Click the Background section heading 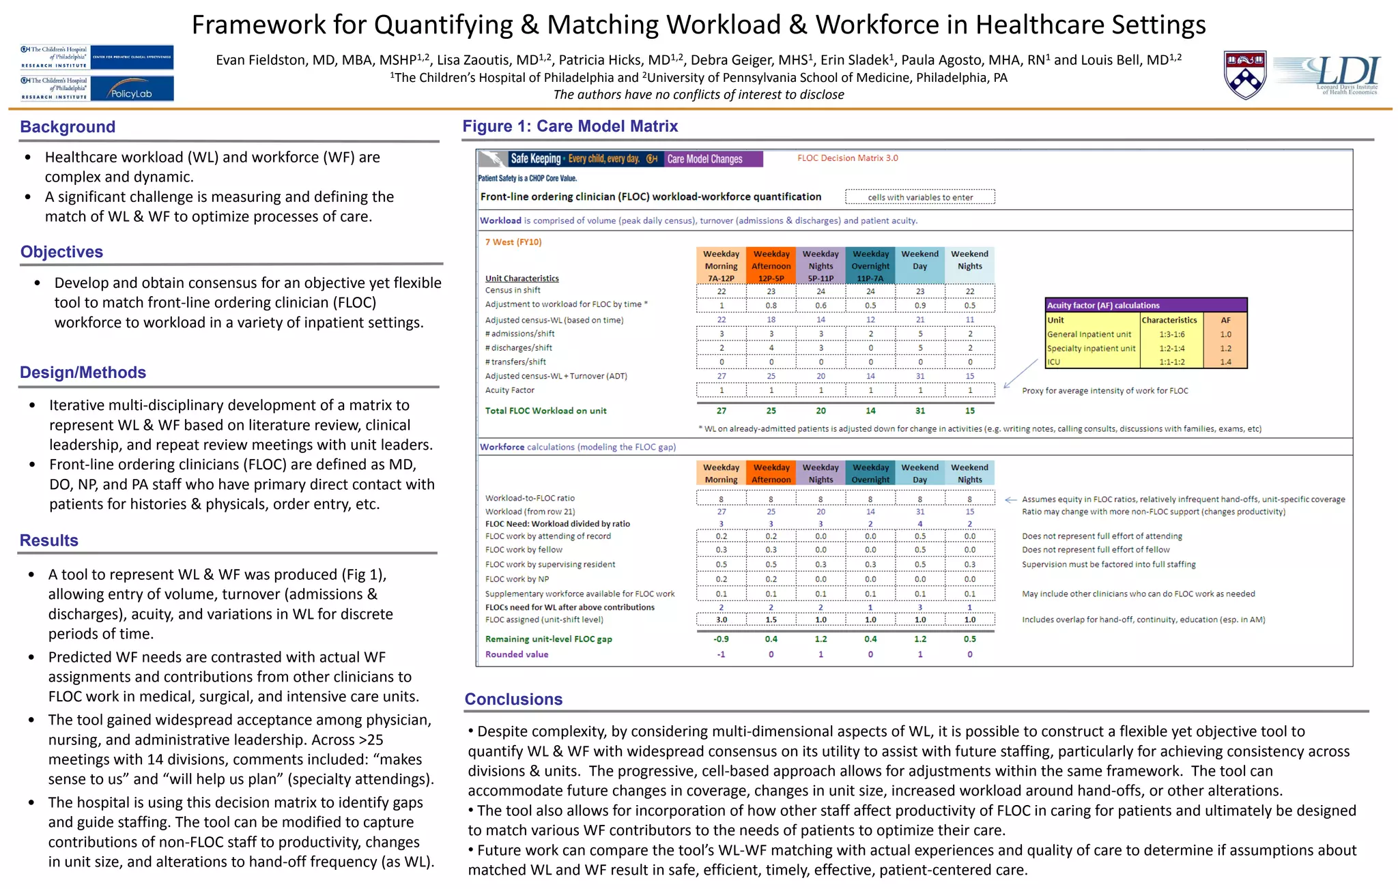[68, 127]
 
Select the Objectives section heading [61, 252]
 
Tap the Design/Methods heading [83, 373]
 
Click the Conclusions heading [513, 699]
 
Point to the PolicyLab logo [131, 89]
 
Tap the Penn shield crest [1245, 74]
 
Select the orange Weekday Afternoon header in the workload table [771, 265]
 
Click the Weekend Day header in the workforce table [919, 473]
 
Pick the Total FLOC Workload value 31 [920, 411]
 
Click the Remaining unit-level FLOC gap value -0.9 [721, 639]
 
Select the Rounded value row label [517, 654]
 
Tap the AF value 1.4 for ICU [1226, 362]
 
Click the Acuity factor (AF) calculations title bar [1145, 305]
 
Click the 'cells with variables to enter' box [919, 197]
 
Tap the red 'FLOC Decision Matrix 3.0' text [847, 158]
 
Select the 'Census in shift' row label [513, 291]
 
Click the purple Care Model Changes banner [713, 159]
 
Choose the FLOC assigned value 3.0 [721, 620]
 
